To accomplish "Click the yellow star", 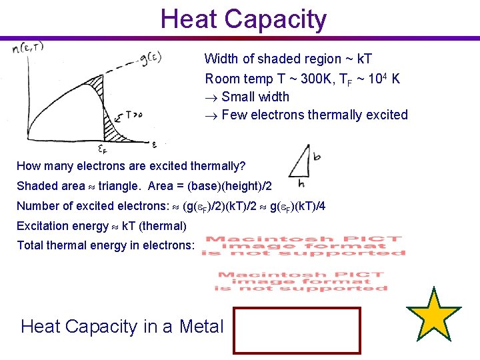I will pos(434,314).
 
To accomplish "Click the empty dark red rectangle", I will pos(297,330).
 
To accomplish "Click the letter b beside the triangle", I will pos(317,156).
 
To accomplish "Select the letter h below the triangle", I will pos(302,183).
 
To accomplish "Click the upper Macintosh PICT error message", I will pos(304,245).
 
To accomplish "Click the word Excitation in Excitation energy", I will pos(43,225).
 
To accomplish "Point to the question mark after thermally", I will pos(243,165).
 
